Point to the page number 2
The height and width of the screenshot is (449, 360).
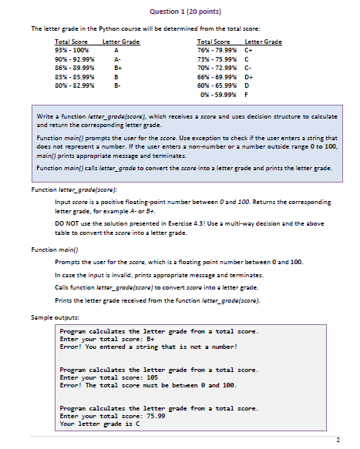click(338, 440)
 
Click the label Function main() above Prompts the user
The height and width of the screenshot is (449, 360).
click(52, 250)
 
